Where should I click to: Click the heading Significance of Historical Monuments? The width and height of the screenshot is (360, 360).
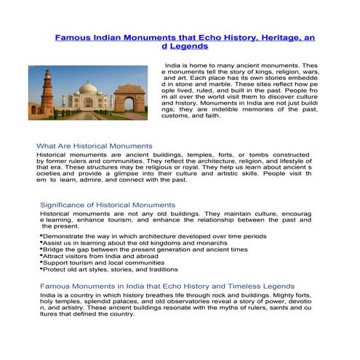tap(108, 205)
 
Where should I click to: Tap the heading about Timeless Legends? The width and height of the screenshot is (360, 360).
tap(167, 287)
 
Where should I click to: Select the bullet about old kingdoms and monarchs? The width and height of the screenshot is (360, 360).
tap(137, 243)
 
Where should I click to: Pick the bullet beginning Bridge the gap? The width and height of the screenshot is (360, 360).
tap(145, 249)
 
